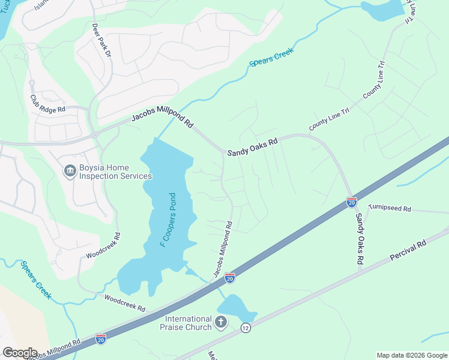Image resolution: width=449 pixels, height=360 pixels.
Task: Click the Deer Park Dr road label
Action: point(102,41)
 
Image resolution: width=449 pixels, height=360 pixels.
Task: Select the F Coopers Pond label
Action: point(167,220)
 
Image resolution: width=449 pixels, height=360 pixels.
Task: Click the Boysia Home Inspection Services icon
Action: point(70,172)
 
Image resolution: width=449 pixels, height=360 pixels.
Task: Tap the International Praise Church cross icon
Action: point(221,323)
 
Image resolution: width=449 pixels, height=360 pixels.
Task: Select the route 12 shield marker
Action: point(245,328)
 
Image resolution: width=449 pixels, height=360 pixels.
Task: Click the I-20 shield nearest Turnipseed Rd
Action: point(352,202)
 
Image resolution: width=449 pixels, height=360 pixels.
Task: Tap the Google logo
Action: point(19,353)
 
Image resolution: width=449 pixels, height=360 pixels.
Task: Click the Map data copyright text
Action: point(412,355)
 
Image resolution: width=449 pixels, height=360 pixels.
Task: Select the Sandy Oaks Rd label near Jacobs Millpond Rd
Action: point(252,147)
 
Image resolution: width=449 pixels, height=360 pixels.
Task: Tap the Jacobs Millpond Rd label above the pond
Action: point(163,118)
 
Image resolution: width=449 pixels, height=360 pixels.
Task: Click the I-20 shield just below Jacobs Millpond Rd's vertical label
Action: point(229,277)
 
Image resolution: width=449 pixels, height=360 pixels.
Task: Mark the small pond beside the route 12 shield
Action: point(235,308)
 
